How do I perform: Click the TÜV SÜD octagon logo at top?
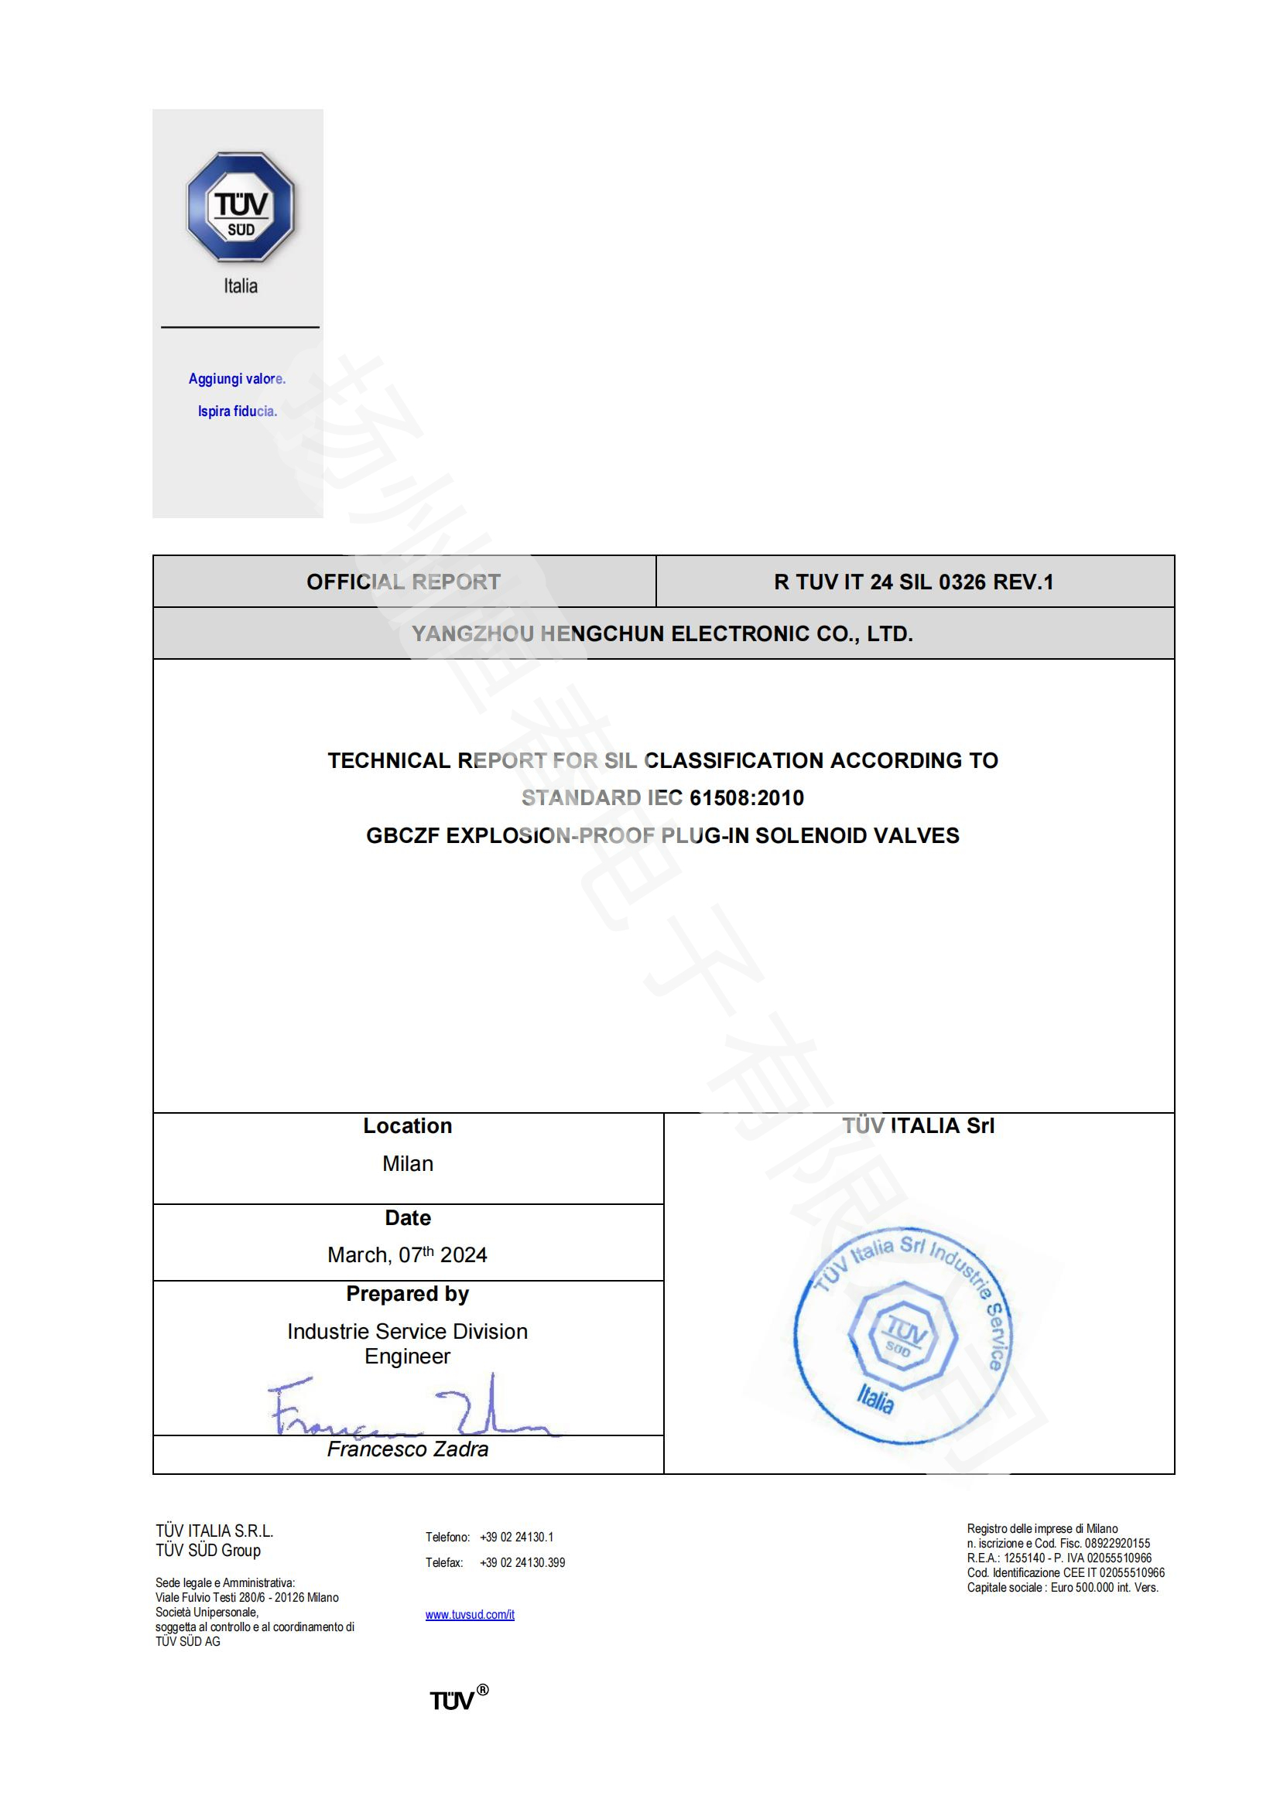241,207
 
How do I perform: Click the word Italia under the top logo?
241,286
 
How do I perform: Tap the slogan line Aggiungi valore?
237,379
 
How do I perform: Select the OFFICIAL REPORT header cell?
403,582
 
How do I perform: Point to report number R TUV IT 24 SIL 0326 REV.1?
913,582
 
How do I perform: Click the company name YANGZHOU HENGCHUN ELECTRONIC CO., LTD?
662,633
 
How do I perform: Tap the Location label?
408,1126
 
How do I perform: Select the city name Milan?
408,1164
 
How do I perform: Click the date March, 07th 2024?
408,1255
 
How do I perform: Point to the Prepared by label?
408,1294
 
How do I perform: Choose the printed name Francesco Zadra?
408,1449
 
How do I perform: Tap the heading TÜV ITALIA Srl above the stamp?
919,1126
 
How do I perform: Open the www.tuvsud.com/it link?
470,1615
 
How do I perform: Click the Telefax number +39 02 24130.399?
522,1563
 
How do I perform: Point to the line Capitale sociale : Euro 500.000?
1063,1588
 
